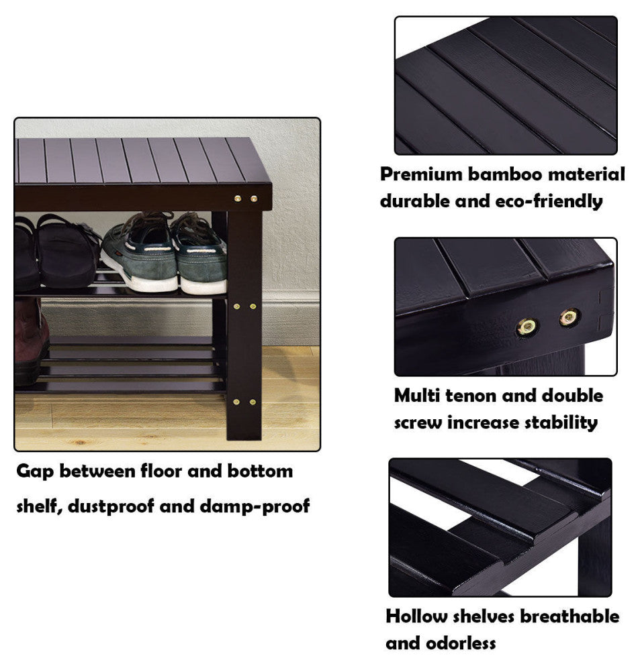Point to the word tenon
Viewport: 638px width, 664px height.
[469, 396]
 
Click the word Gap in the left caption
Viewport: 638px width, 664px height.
[35, 472]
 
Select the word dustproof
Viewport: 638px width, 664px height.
[110, 506]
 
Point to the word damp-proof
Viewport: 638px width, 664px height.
[255, 506]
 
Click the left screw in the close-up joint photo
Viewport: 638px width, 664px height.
[527, 327]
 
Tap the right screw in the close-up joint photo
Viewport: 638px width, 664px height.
[568, 317]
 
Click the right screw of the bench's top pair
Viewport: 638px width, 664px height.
[253, 198]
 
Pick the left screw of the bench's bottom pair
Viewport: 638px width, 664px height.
[236, 402]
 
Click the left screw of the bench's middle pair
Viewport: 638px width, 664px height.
[236, 306]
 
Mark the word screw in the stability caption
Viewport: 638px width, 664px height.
[418, 423]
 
